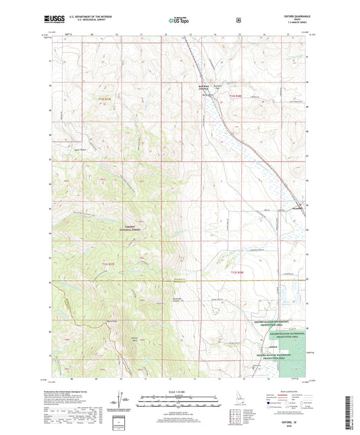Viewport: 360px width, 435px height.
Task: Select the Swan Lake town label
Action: coord(301,209)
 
